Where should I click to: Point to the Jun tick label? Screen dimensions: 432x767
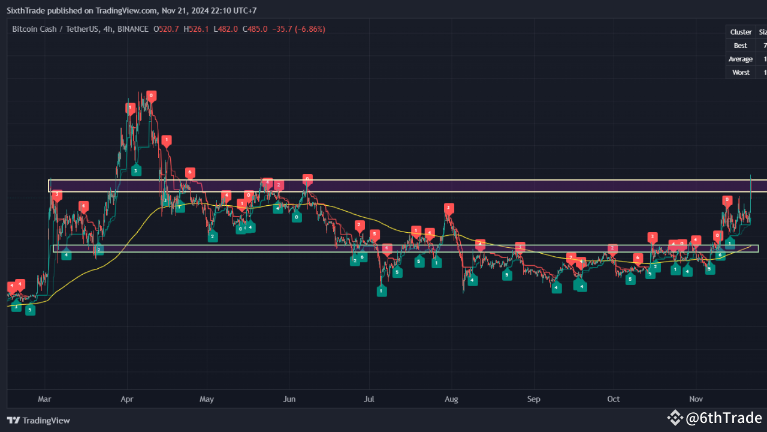click(x=289, y=399)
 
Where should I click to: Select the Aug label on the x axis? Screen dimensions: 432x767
click(x=452, y=399)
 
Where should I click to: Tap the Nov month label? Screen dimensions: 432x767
click(x=696, y=399)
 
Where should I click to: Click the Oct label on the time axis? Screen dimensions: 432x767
click(x=613, y=399)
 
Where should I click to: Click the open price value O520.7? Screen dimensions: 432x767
click(x=167, y=29)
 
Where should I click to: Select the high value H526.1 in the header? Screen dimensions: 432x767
click(x=196, y=29)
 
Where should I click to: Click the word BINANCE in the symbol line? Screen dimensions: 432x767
click(x=133, y=29)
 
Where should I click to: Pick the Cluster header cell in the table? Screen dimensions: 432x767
click(x=741, y=32)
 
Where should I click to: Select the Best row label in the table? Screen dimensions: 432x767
click(x=741, y=46)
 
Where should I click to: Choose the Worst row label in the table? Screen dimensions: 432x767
click(x=741, y=72)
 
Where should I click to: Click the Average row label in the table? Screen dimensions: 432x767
click(x=741, y=59)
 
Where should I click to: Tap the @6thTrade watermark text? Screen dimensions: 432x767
click(x=723, y=418)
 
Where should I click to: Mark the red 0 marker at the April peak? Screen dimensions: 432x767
click(x=151, y=95)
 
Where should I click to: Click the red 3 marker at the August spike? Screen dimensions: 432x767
click(x=448, y=208)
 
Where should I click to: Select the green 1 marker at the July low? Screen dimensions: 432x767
click(x=381, y=291)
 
